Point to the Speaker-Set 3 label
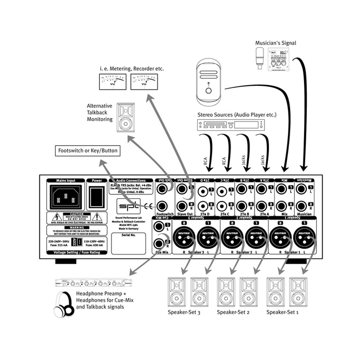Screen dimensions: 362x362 (184, 312)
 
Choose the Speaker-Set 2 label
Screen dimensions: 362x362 (233, 312)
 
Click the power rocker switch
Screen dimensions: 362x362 (97, 197)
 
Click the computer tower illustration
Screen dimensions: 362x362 (208, 84)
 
